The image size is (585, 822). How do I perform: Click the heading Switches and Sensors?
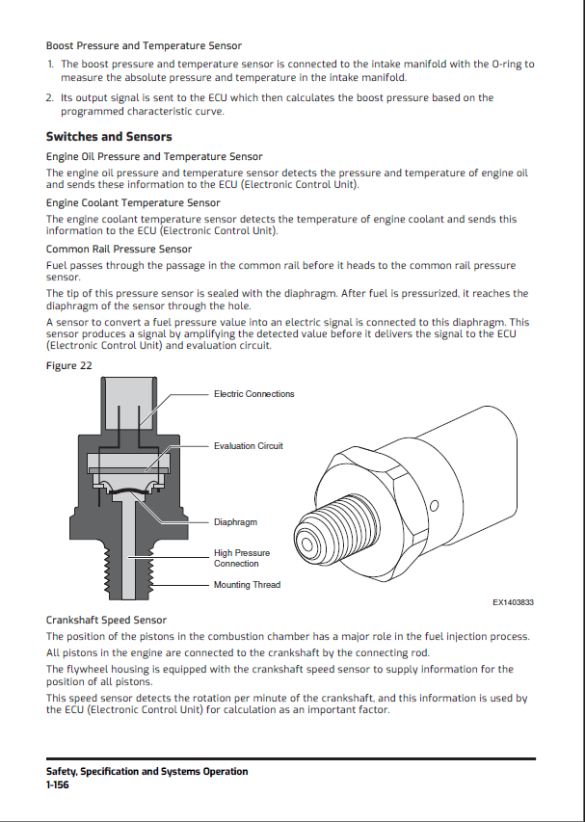coord(109,137)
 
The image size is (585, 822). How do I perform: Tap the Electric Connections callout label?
coord(253,394)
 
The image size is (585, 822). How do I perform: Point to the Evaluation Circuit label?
coord(248,446)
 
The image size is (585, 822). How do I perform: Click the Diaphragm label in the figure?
coord(235,522)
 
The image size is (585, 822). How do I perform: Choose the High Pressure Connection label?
coord(241,558)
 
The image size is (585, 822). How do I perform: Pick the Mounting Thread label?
coord(247,585)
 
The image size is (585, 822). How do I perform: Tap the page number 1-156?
coord(57,785)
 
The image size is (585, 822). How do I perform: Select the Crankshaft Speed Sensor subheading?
coord(106,621)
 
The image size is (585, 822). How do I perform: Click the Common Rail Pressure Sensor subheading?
coord(119,250)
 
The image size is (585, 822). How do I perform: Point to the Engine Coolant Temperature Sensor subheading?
coord(133,203)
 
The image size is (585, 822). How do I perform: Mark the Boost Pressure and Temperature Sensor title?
coord(144,45)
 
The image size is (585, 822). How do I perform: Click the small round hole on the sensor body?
coord(434,506)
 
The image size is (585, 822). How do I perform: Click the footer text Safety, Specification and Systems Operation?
coord(146,772)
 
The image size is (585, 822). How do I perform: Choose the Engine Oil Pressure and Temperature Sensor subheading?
coord(154,156)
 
